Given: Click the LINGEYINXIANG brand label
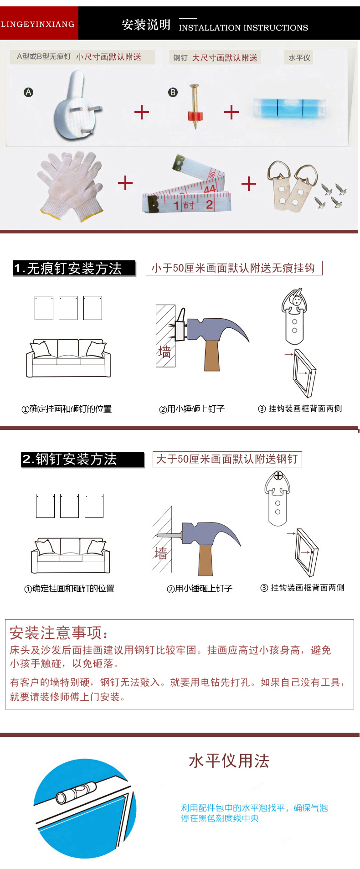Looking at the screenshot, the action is tap(38, 24).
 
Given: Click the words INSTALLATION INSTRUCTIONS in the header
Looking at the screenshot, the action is tap(243, 28).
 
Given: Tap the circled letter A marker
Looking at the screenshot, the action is tap(28, 92).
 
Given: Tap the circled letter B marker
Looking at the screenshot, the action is tap(173, 92).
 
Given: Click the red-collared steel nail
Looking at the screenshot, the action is tap(195, 106).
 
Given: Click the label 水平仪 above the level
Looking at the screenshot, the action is tap(299, 58).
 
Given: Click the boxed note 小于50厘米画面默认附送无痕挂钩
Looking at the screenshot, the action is tap(234, 268).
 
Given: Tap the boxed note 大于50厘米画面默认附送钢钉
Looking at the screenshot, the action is tap(227, 459).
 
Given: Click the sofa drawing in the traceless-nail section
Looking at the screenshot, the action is tap(68, 358).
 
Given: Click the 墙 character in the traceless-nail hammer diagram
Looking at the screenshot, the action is tap(165, 352).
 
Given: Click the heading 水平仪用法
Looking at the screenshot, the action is tap(229, 761).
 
